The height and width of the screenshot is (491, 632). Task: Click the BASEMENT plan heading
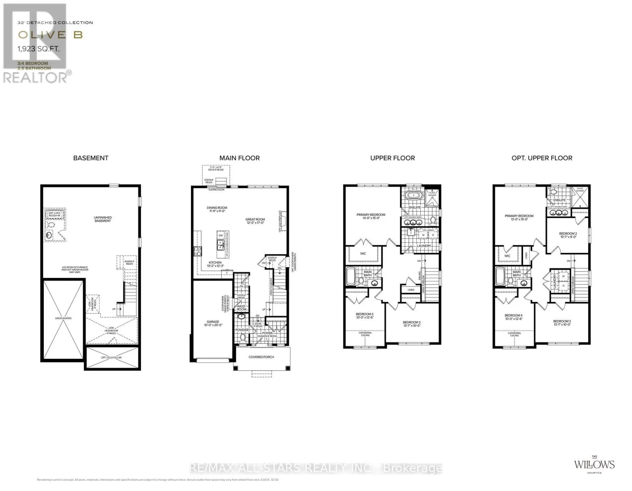coord(91,158)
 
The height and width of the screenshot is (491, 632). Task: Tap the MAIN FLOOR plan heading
coord(239,158)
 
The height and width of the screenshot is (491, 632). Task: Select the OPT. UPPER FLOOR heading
coord(541,158)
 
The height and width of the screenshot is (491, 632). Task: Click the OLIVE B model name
coord(50,35)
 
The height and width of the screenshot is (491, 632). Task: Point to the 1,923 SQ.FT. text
coord(39,49)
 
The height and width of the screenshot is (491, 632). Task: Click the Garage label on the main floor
coord(213,323)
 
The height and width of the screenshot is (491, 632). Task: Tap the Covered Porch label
coord(261,357)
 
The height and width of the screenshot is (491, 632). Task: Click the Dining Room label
coord(217,209)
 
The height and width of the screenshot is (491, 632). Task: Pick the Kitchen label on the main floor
coord(215,264)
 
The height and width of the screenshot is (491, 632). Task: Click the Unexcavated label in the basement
coord(63,318)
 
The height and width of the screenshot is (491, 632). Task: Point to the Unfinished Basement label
coord(102,219)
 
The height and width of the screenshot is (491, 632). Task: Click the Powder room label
coord(242,330)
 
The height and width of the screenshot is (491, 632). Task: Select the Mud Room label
coord(242,308)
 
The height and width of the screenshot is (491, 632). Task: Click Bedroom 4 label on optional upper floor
coord(513,317)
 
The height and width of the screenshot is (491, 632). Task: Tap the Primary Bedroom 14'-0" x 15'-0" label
coord(371,216)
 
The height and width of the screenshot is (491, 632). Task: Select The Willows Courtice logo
coord(594,465)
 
